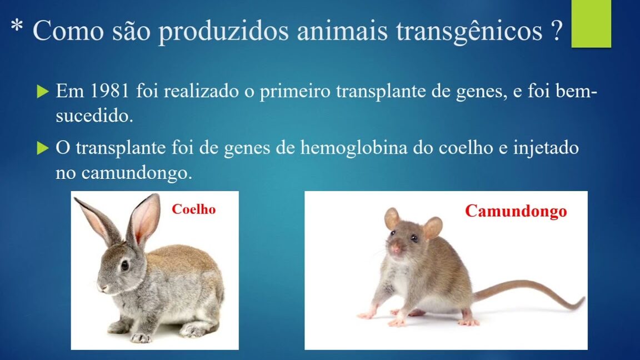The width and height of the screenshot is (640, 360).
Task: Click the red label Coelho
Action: (193, 209)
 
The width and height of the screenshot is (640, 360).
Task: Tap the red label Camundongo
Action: (516, 212)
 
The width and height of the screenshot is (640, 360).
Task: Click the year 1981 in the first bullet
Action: (109, 91)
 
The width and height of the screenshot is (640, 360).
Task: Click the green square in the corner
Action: (591, 24)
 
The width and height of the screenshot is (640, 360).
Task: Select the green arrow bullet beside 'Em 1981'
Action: (42, 92)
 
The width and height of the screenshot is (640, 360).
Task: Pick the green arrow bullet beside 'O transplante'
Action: (42, 148)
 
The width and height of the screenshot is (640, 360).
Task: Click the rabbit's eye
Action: (124, 266)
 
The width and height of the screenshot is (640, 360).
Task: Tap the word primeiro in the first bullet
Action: (295, 91)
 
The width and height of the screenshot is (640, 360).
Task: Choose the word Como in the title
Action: (68, 31)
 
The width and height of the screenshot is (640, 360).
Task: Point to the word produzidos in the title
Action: (224, 31)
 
